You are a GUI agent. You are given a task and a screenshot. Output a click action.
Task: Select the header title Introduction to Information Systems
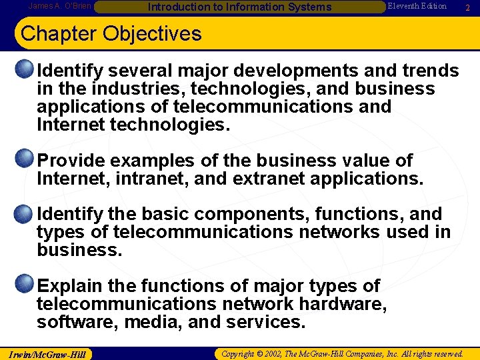tap(230, 7)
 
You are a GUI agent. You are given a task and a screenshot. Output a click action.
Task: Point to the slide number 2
tap(468, 7)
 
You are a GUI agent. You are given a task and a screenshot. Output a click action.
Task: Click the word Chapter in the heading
tap(57, 33)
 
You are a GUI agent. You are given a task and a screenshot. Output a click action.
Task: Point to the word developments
tap(303, 71)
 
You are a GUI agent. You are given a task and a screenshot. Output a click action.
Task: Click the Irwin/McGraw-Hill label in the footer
tap(46, 353)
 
